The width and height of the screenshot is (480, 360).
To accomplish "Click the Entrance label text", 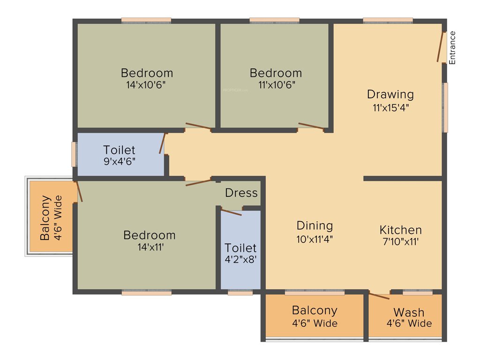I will click(452, 47).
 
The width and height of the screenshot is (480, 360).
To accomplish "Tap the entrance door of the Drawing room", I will click(441, 47).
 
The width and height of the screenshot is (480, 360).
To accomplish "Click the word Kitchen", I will click(400, 230).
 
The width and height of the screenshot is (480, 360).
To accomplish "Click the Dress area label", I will click(241, 193).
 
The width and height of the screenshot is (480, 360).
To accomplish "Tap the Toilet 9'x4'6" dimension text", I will click(119, 162).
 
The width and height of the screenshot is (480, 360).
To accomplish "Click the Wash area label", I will click(409, 312).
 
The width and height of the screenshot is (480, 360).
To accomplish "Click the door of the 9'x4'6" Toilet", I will click(163, 144).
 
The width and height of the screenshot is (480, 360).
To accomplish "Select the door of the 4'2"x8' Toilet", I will click(231, 212).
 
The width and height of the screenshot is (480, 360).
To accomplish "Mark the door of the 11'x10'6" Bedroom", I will click(311, 126).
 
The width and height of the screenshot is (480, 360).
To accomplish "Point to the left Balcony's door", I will click(79, 191).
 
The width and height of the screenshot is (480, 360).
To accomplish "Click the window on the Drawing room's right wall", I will click(445, 107).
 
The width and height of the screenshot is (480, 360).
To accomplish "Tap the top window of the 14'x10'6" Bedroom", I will click(146, 20).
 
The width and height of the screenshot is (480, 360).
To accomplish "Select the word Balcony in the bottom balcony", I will click(314, 310).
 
